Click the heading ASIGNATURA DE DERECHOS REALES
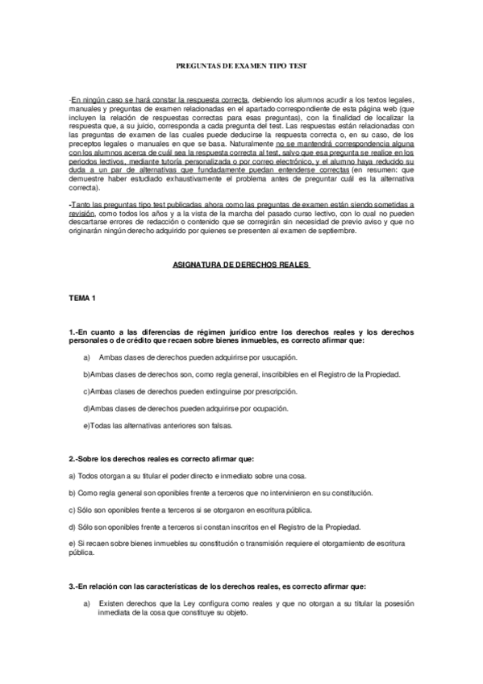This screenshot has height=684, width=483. click(x=243, y=264)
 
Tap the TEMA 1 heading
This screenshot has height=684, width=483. click(x=82, y=299)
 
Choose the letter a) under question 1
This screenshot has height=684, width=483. click(x=86, y=357)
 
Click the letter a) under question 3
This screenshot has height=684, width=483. click(x=86, y=603)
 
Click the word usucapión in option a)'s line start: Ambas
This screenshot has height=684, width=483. click(x=110, y=357)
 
